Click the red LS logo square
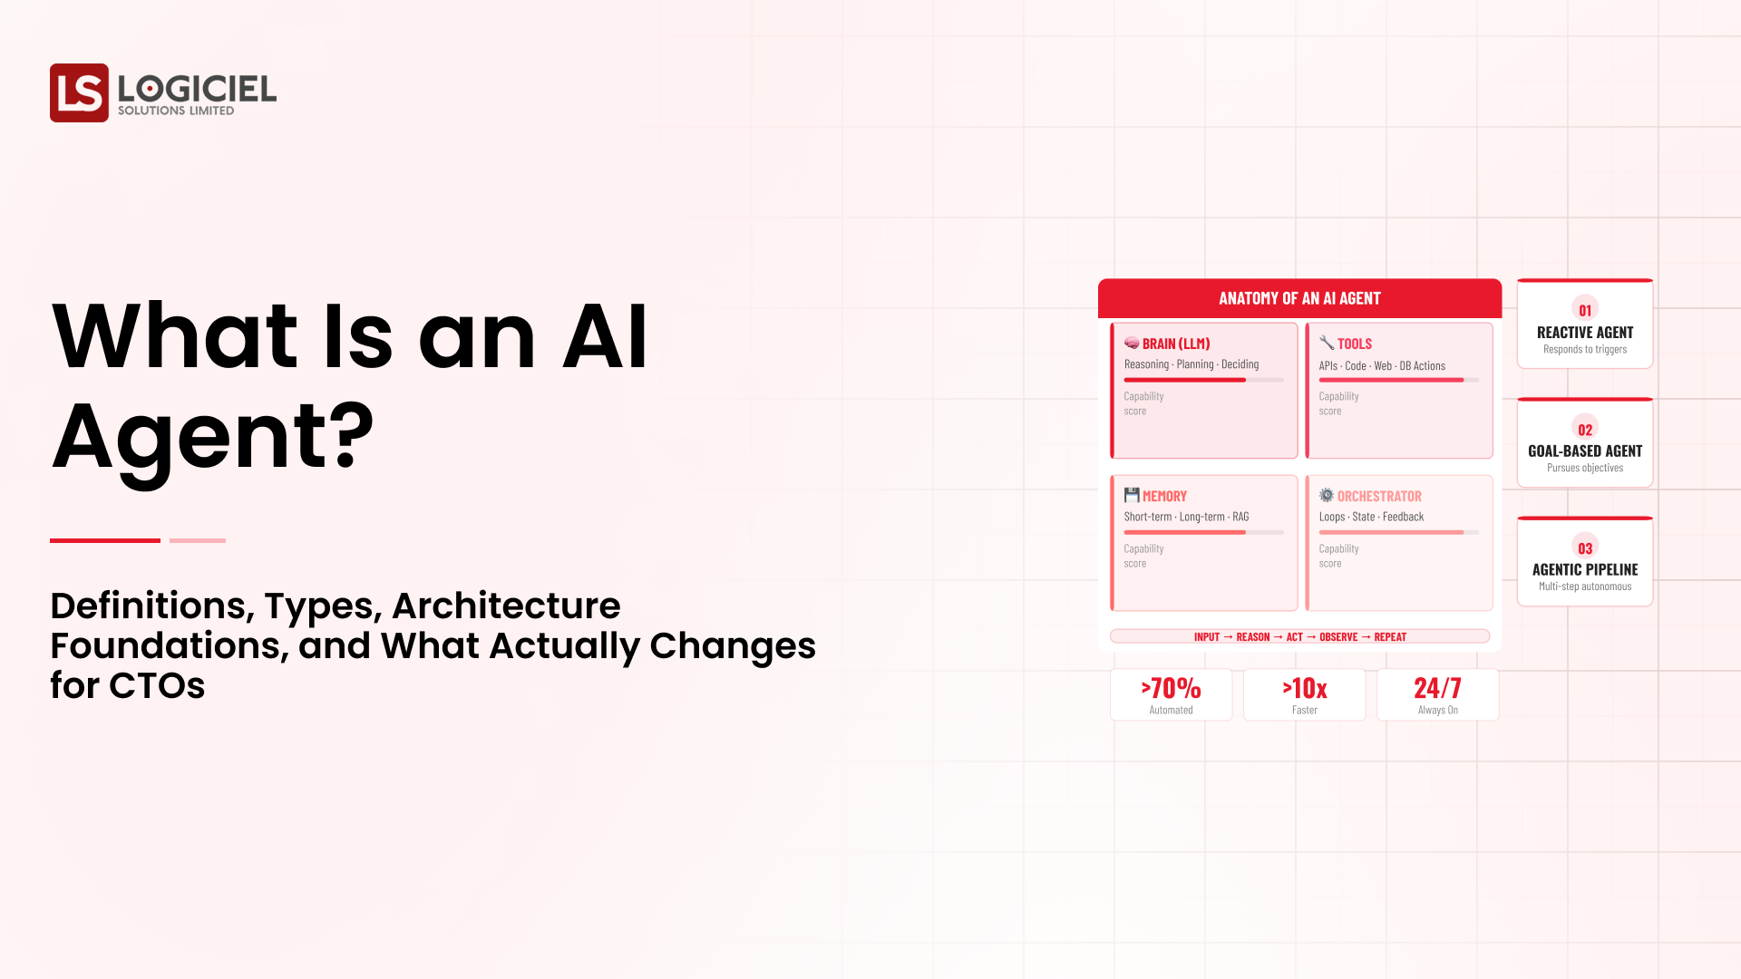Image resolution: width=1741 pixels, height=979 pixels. [x=79, y=92]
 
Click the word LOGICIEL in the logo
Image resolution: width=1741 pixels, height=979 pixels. [x=197, y=88]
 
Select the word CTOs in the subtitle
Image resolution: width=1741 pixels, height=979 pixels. [x=157, y=686]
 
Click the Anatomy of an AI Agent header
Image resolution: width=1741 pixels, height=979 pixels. [x=1299, y=298]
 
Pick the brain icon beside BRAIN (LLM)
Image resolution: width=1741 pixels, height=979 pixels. [x=1132, y=343]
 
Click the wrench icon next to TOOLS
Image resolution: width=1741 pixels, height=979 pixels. [x=1327, y=343]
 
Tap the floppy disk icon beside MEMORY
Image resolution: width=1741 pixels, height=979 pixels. [x=1132, y=495]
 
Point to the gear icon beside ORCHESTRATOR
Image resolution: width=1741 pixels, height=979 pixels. [x=1327, y=495]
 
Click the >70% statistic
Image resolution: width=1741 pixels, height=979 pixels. [x=1171, y=689]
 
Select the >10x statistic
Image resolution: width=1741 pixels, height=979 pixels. [x=1304, y=689]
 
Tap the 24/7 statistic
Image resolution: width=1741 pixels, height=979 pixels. [x=1437, y=689]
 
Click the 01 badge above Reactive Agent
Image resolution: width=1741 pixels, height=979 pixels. [x=1585, y=310]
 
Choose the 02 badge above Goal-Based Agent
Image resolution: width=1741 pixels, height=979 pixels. [x=1585, y=430]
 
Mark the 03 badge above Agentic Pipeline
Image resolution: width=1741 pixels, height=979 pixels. [x=1585, y=548]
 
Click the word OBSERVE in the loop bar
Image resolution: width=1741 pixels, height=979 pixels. [x=1338, y=637]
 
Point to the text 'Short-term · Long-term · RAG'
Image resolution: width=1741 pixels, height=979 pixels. [x=1186, y=517]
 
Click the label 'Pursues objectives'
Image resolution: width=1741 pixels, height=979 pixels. [x=1585, y=468]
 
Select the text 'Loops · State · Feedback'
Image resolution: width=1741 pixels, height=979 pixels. [x=1371, y=517]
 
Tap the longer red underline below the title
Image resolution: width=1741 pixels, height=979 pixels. [x=105, y=540]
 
